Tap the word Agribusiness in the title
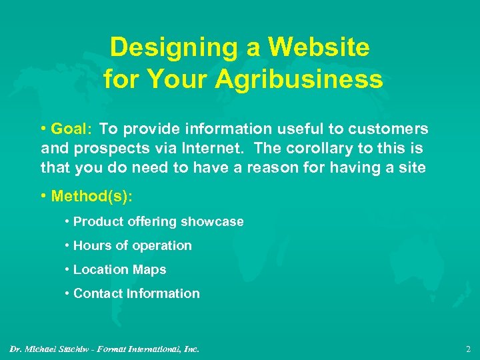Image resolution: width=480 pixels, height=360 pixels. coord(299,79)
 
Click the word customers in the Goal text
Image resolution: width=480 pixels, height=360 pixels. coord(390,129)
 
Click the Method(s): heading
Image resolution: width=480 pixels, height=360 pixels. coord(88,197)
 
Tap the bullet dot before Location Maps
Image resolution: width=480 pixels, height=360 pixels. coord(68,270)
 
